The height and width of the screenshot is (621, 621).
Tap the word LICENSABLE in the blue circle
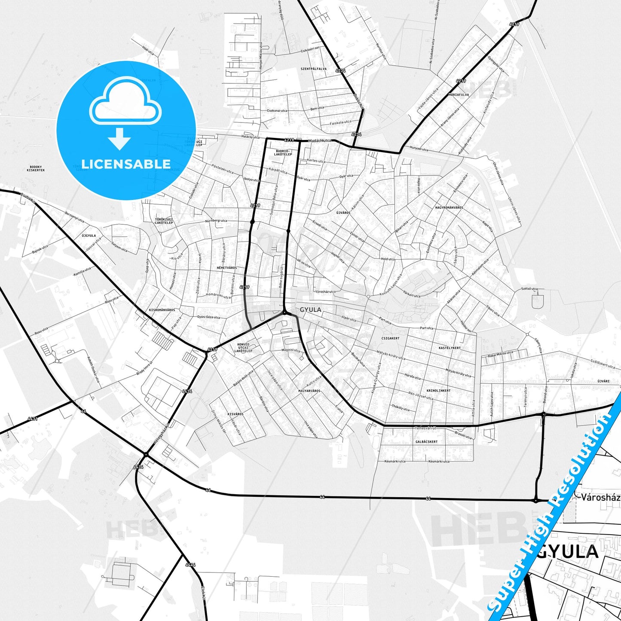tap(126, 164)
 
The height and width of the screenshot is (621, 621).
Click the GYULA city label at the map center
tap(310, 309)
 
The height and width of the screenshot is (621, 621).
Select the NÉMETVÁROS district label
tap(226, 268)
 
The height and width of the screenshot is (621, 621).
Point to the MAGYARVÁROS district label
tap(309, 391)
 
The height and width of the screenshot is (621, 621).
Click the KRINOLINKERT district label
tap(438, 391)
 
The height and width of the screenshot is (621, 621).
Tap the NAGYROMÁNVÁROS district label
tap(449, 208)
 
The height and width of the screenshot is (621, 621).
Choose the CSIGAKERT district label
tap(390, 338)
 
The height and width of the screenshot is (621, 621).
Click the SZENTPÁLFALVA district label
tap(314, 69)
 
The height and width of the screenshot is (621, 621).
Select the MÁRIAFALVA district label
tap(459, 95)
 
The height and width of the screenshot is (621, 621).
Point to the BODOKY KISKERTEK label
tap(36, 168)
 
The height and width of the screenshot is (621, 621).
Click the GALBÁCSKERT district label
tap(426, 442)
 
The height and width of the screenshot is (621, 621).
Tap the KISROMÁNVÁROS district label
tap(162, 310)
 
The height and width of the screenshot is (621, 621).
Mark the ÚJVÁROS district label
tap(343, 213)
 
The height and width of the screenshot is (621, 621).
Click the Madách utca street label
tap(320, 141)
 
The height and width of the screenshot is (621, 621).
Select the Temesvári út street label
tap(426, 428)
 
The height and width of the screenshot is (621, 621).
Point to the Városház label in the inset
tap(600, 498)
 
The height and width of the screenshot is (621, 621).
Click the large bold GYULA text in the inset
tap(568, 552)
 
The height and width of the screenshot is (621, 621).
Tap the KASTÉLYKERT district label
tap(450, 348)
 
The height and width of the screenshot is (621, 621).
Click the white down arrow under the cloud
tap(119, 138)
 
